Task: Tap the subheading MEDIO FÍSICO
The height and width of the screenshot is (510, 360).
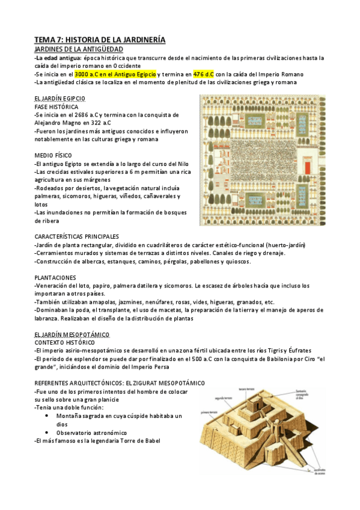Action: tap(53, 155)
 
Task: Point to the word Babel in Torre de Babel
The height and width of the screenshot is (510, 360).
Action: tap(150, 441)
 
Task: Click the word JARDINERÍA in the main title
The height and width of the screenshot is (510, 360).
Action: tap(131, 40)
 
